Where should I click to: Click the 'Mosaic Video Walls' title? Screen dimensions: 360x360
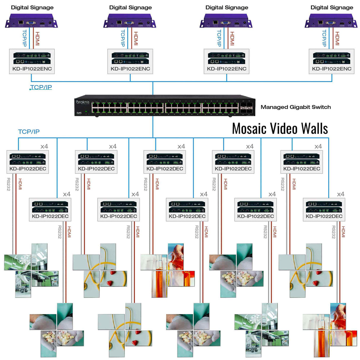[280, 129]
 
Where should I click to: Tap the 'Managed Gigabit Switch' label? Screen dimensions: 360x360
[295, 107]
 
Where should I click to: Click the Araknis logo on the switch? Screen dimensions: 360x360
[83, 102]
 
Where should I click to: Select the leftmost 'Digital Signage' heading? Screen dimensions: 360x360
[32, 7]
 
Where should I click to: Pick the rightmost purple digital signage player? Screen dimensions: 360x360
[331, 21]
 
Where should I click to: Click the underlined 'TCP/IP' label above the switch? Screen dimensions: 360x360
[41, 87]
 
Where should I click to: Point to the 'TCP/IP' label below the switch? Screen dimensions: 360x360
[29, 132]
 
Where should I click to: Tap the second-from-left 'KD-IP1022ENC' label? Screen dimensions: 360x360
[130, 69]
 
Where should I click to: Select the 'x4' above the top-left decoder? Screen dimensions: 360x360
[44, 146]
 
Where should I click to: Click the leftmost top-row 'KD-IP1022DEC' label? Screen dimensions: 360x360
[28, 169]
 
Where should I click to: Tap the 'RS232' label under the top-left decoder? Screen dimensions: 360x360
[9, 184]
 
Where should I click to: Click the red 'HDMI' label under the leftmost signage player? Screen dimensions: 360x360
[37, 39]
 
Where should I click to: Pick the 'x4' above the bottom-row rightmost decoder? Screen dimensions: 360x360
[340, 194]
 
